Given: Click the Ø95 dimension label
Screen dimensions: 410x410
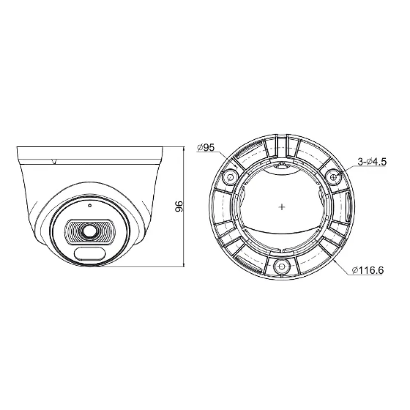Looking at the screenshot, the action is pyautogui.click(x=205, y=148).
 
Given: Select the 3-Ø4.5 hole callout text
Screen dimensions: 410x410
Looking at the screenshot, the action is pyautogui.click(x=372, y=162).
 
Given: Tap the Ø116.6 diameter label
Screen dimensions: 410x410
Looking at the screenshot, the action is pyautogui.click(x=368, y=270).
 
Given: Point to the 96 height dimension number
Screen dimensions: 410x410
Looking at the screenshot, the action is pyautogui.click(x=179, y=206).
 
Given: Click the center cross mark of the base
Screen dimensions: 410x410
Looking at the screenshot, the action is pyautogui.click(x=282, y=207).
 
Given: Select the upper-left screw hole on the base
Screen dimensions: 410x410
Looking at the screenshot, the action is pyautogui.click(x=230, y=178).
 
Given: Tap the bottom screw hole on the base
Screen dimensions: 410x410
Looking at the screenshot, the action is pyautogui.click(x=282, y=267).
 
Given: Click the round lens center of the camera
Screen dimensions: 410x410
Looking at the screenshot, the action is pyautogui.click(x=89, y=230).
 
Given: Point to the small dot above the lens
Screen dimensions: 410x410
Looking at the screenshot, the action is pyautogui.click(x=90, y=205).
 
